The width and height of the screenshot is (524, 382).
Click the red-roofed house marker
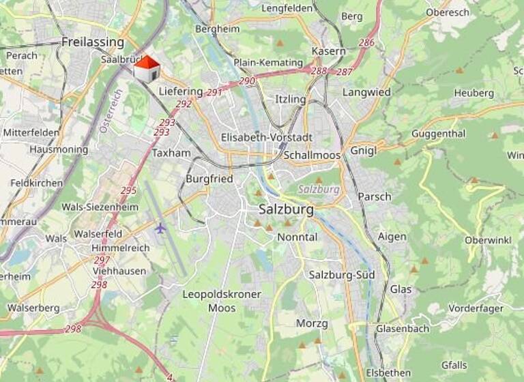146,69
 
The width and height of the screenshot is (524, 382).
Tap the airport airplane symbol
160,227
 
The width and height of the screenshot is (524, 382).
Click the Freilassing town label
93,42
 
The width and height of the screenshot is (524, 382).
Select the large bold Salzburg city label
287,209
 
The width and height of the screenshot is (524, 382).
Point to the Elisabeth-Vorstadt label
266,137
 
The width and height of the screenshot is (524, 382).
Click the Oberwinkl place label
487,240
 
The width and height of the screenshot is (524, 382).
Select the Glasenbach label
403,329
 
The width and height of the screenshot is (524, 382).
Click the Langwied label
366,91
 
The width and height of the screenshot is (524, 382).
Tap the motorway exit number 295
128,190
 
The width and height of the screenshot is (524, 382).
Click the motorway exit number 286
366,43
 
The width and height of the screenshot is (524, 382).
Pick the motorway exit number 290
247,81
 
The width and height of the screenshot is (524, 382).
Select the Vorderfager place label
478,308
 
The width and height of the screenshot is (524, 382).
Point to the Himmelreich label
123,248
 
